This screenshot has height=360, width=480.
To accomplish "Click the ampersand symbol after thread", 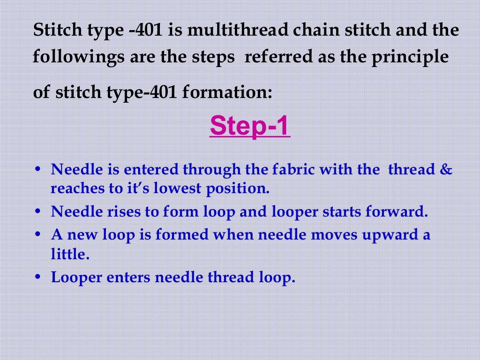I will point(447,169).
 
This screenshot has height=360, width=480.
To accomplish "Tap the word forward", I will point(396,212).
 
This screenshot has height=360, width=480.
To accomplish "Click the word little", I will point(69,254).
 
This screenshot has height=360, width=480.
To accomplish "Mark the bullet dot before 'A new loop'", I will point(39,235).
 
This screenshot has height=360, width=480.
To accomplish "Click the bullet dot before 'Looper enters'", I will point(39,277).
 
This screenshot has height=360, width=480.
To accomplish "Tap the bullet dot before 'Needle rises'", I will point(39,212).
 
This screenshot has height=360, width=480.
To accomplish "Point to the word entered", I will point(150,169).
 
